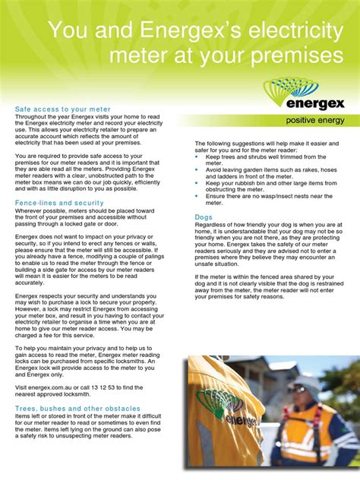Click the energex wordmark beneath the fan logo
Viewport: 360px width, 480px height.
point(314,103)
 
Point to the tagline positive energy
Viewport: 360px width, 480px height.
point(314,120)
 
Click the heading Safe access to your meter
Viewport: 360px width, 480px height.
point(63,109)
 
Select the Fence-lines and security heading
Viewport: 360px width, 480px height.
point(59,203)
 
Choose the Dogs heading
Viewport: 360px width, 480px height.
point(204,217)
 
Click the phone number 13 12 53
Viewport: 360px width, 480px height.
point(113,388)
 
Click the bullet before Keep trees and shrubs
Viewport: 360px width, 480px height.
point(197,156)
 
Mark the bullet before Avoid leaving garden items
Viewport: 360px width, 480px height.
point(197,169)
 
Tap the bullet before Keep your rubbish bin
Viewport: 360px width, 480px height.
point(197,183)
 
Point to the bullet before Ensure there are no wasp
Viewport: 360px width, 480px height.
point(197,196)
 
